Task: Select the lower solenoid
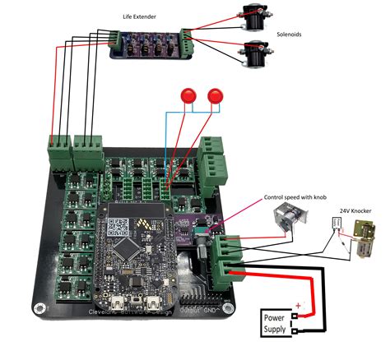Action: [x=256, y=53]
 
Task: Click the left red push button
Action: [x=188, y=95]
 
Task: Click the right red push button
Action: [x=217, y=95]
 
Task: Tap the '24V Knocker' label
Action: [x=355, y=211]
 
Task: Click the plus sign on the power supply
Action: [x=299, y=306]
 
